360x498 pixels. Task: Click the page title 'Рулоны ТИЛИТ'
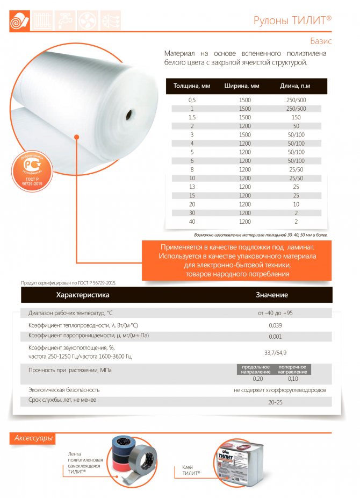[292, 20]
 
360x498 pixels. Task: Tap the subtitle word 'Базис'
[321, 41]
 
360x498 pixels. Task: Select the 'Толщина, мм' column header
[191, 86]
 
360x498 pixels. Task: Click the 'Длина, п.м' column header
[295, 86]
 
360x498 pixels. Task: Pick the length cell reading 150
[296, 117]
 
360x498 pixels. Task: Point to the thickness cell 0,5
[192, 99]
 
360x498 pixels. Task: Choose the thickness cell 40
[192, 222]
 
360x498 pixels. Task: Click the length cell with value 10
[296, 204]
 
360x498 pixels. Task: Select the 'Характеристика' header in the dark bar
[83, 295]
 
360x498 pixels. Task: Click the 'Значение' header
[271, 295]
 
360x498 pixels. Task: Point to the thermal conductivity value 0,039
[275, 325]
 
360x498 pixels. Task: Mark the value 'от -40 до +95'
[275, 312]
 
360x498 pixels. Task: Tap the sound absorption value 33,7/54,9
[276, 352]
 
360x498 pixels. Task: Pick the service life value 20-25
[275, 401]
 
